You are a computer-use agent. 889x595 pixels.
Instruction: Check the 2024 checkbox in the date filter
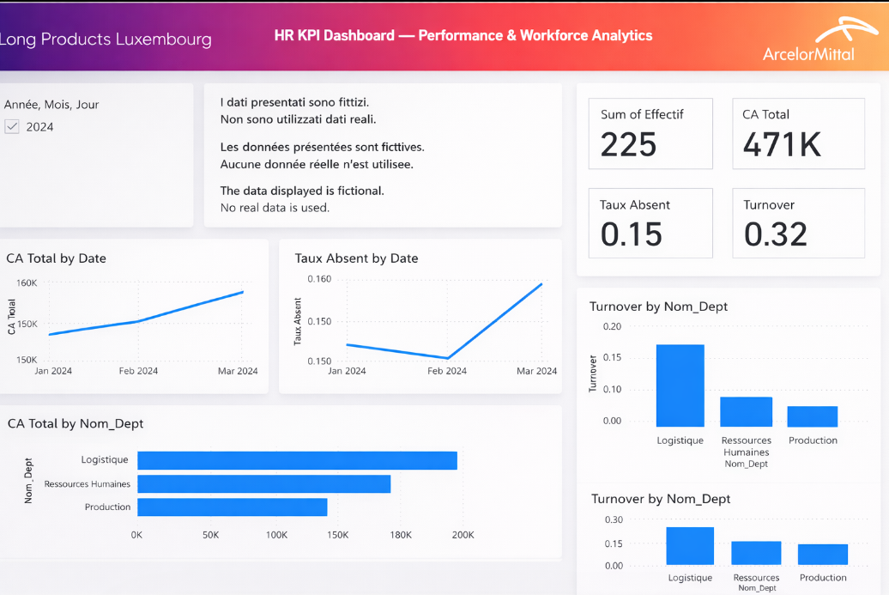click(12, 127)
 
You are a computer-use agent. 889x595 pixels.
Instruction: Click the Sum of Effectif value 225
click(628, 145)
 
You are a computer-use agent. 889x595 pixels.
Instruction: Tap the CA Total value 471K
click(782, 145)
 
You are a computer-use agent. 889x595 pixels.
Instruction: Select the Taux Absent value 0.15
click(631, 234)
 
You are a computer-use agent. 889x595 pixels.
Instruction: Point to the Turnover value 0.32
click(775, 234)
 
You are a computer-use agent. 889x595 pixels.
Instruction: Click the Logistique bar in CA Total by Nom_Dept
click(297, 460)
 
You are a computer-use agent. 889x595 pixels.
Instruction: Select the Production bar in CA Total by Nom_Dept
click(232, 507)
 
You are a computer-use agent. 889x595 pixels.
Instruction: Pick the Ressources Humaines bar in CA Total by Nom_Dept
click(263, 483)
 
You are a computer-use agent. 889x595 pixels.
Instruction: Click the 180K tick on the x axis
click(401, 535)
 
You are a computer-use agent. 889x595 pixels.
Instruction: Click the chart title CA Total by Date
click(56, 258)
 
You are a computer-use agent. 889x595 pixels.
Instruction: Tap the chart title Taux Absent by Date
click(356, 258)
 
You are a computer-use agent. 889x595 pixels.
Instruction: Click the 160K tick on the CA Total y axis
click(27, 282)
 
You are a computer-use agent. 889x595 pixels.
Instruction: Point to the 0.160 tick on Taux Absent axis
click(319, 279)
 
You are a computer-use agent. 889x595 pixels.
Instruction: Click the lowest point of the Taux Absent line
click(447, 358)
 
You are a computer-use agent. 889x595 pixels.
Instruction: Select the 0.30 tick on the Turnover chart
click(614, 520)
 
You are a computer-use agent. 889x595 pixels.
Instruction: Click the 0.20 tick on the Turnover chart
click(612, 326)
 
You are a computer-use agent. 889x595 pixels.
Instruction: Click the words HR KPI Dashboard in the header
click(334, 36)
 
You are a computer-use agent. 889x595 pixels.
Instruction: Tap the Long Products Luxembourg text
click(106, 39)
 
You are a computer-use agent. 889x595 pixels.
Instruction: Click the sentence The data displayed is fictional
click(302, 191)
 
